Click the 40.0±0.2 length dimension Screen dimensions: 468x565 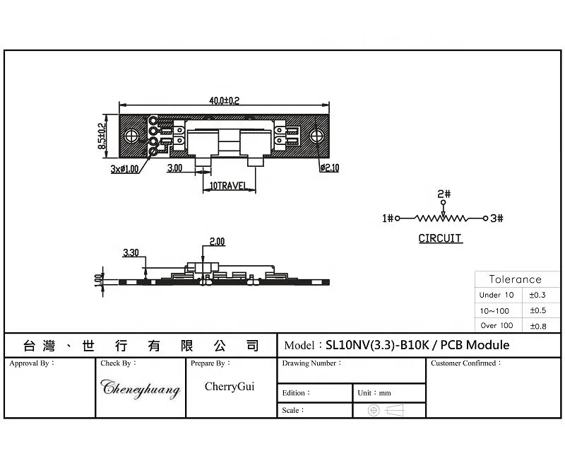224,101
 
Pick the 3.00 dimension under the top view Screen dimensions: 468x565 174,168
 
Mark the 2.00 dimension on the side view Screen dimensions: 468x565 216,242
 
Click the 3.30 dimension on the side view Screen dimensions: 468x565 131,252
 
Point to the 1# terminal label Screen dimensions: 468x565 388,219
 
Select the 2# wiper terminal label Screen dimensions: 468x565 444,194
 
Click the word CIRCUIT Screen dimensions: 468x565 440,238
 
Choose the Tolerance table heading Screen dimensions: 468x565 515,279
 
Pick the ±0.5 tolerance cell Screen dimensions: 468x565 538,310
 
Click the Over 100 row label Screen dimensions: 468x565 496,326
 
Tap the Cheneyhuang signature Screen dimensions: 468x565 141,388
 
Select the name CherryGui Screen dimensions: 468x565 230,387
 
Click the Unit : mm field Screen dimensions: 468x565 374,393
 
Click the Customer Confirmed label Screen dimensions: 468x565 465,363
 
